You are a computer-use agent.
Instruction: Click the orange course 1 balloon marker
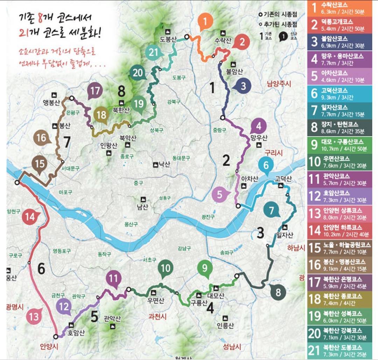(x=205, y=22)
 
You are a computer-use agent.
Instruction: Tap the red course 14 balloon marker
(x=30, y=217)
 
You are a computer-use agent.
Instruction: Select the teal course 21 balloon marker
(x=153, y=52)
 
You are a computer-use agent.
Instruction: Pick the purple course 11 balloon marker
(x=113, y=279)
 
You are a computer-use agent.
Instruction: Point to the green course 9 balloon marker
(x=205, y=268)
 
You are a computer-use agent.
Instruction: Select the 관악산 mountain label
(x=112, y=319)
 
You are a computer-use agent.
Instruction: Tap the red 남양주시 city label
(x=279, y=84)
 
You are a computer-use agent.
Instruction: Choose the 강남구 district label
(x=184, y=248)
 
